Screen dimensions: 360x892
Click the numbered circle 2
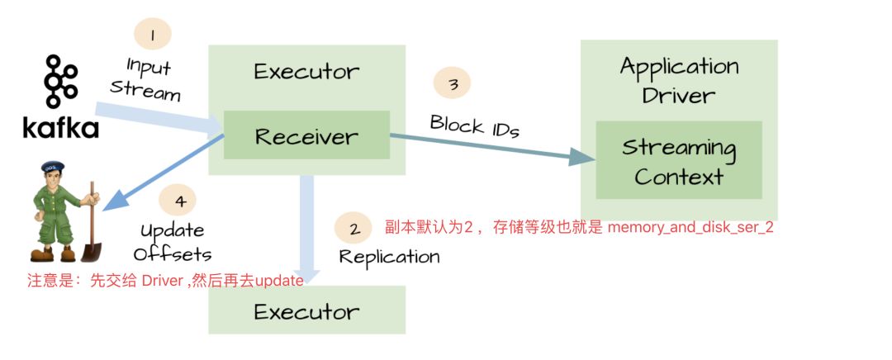(x=354, y=229)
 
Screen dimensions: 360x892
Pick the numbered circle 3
(x=453, y=84)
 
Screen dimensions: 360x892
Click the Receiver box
(x=306, y=135)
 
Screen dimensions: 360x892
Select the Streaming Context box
(x=679, y=161)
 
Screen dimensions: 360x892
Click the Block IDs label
(x=474, y=126)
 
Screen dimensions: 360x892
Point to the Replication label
(x=390, y=256)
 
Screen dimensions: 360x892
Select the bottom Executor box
(x=306, y=311)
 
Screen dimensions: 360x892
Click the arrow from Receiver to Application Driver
(x=487, y=148)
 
